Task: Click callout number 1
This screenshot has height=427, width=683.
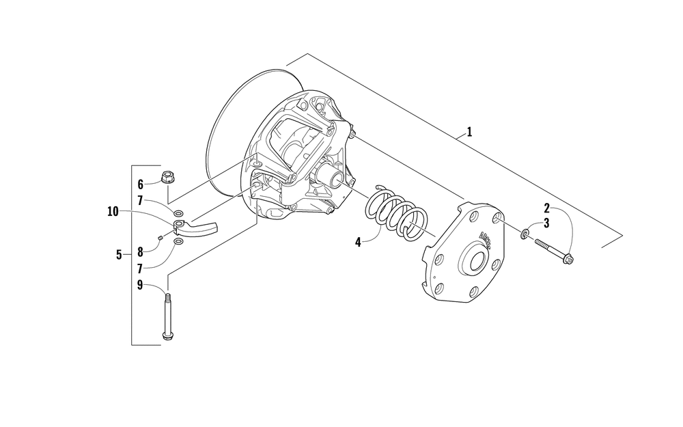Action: pyautogui.click(x=469, y=132)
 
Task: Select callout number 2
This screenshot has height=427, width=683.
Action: pyautogui.click(x=547, y=207)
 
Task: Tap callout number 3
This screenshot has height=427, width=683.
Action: pyautogui.click(x=546, y=223)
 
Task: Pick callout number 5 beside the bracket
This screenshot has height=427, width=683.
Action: pyautogui.click(x=120, y=255)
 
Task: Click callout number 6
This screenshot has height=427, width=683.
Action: pyautogui.click(x=141, y=184)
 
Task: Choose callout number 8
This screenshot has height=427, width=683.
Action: pyautogui.click(x=141, y=251)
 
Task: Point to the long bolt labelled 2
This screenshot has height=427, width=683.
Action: pyautogui.click(x=553, y=251)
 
